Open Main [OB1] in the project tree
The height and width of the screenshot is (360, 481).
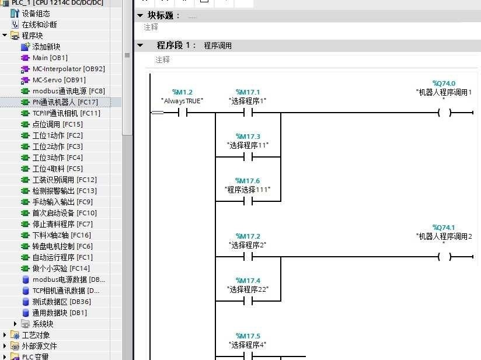click(50, 58)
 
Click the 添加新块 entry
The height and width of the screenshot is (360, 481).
click(46, 47)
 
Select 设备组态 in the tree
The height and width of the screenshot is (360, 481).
click(36, 13)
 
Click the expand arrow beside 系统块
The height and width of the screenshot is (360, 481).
click(16, 324)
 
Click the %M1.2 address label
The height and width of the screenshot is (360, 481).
click(182, 92)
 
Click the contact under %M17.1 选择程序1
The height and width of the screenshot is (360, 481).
click(248, 113)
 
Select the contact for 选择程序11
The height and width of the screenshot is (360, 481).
click(248, 157)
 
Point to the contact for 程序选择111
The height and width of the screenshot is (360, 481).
click(248, 201)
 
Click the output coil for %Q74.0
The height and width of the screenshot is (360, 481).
click(445, 113)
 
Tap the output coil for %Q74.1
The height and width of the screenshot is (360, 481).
click(445, 257)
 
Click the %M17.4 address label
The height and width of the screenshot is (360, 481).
click(248, 281)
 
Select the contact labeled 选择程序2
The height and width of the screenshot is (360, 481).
click(248, 257)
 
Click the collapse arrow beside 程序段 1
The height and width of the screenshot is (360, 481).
click(140, 45)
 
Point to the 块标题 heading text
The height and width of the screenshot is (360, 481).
click(163, 16)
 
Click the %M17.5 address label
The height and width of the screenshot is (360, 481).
click(248, 336)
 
